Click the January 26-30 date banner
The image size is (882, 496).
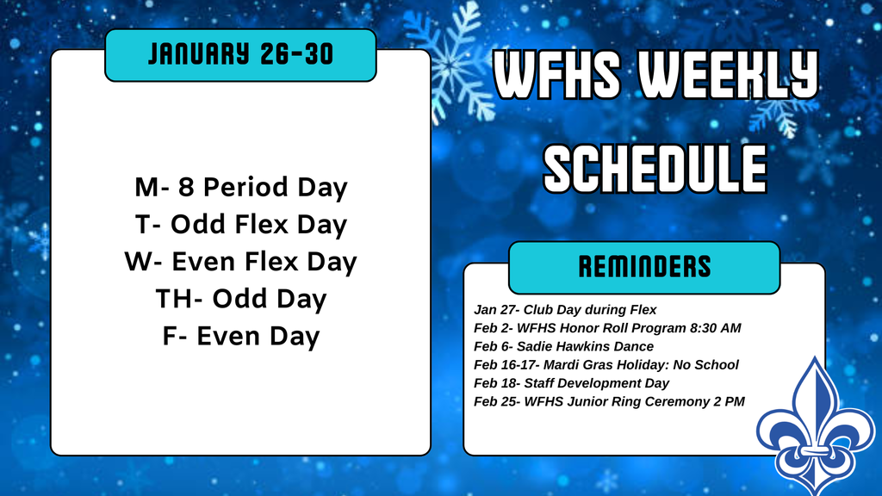click(x=240, y=55)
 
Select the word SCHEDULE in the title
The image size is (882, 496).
click(x=655, y=168)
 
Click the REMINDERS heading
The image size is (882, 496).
click(x=644, y=267)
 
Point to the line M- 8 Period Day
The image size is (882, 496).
click(x=241, y=187)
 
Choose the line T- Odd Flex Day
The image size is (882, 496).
click(x=241, y=225)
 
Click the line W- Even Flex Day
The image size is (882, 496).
click(x=241, y=262)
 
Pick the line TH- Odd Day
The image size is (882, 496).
click(x=241, y=299)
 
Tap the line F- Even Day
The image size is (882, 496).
click(x=241, y=336)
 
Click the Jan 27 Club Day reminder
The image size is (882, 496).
click(x=565, y=310)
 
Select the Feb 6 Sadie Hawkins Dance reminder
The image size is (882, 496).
click(x=563, y=346)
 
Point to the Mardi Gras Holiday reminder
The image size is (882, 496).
click(x=606, y=365)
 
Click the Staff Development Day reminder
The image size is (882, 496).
click(x=571, y=383)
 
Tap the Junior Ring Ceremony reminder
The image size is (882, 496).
click(x=609, y=401)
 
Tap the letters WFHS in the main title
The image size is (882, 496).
click(x=557, y=74)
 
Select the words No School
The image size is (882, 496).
click(x=706, y=365)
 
